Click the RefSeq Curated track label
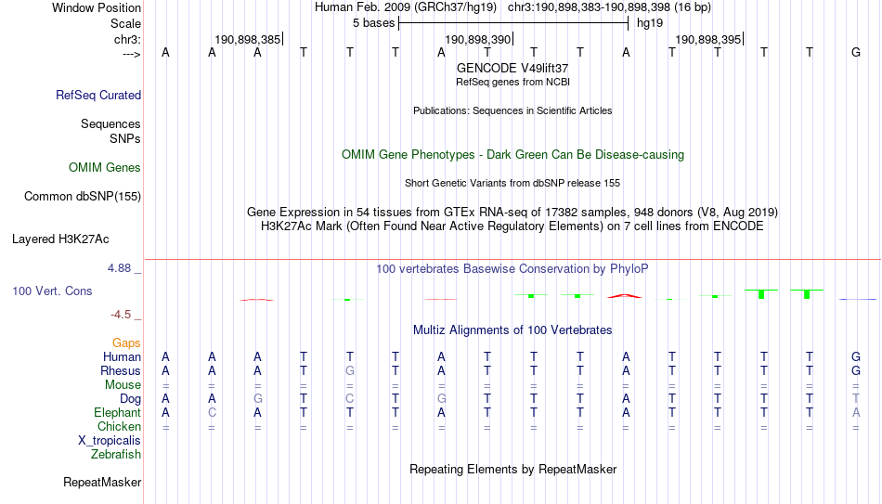click(98, 95)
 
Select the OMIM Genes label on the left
click(105, 168)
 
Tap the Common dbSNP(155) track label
click(83, 197)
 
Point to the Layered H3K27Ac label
click(60, 239)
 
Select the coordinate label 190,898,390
click(477, 39)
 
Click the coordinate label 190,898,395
click(707, 39)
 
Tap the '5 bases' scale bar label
click(374, 23)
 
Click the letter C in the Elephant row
click(212, 412)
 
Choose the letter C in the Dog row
click(350, 399)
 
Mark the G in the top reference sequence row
click(856, 52)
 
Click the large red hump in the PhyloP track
click(625, 296)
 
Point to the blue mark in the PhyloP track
click(857, 299)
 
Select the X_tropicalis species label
click(110, 441)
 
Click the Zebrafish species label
click(116, 455)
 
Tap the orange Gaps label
click(126, 343)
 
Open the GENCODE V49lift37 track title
click(512, 68)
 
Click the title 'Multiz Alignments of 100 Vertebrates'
click(512, 330)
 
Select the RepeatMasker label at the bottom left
click(102, 482)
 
